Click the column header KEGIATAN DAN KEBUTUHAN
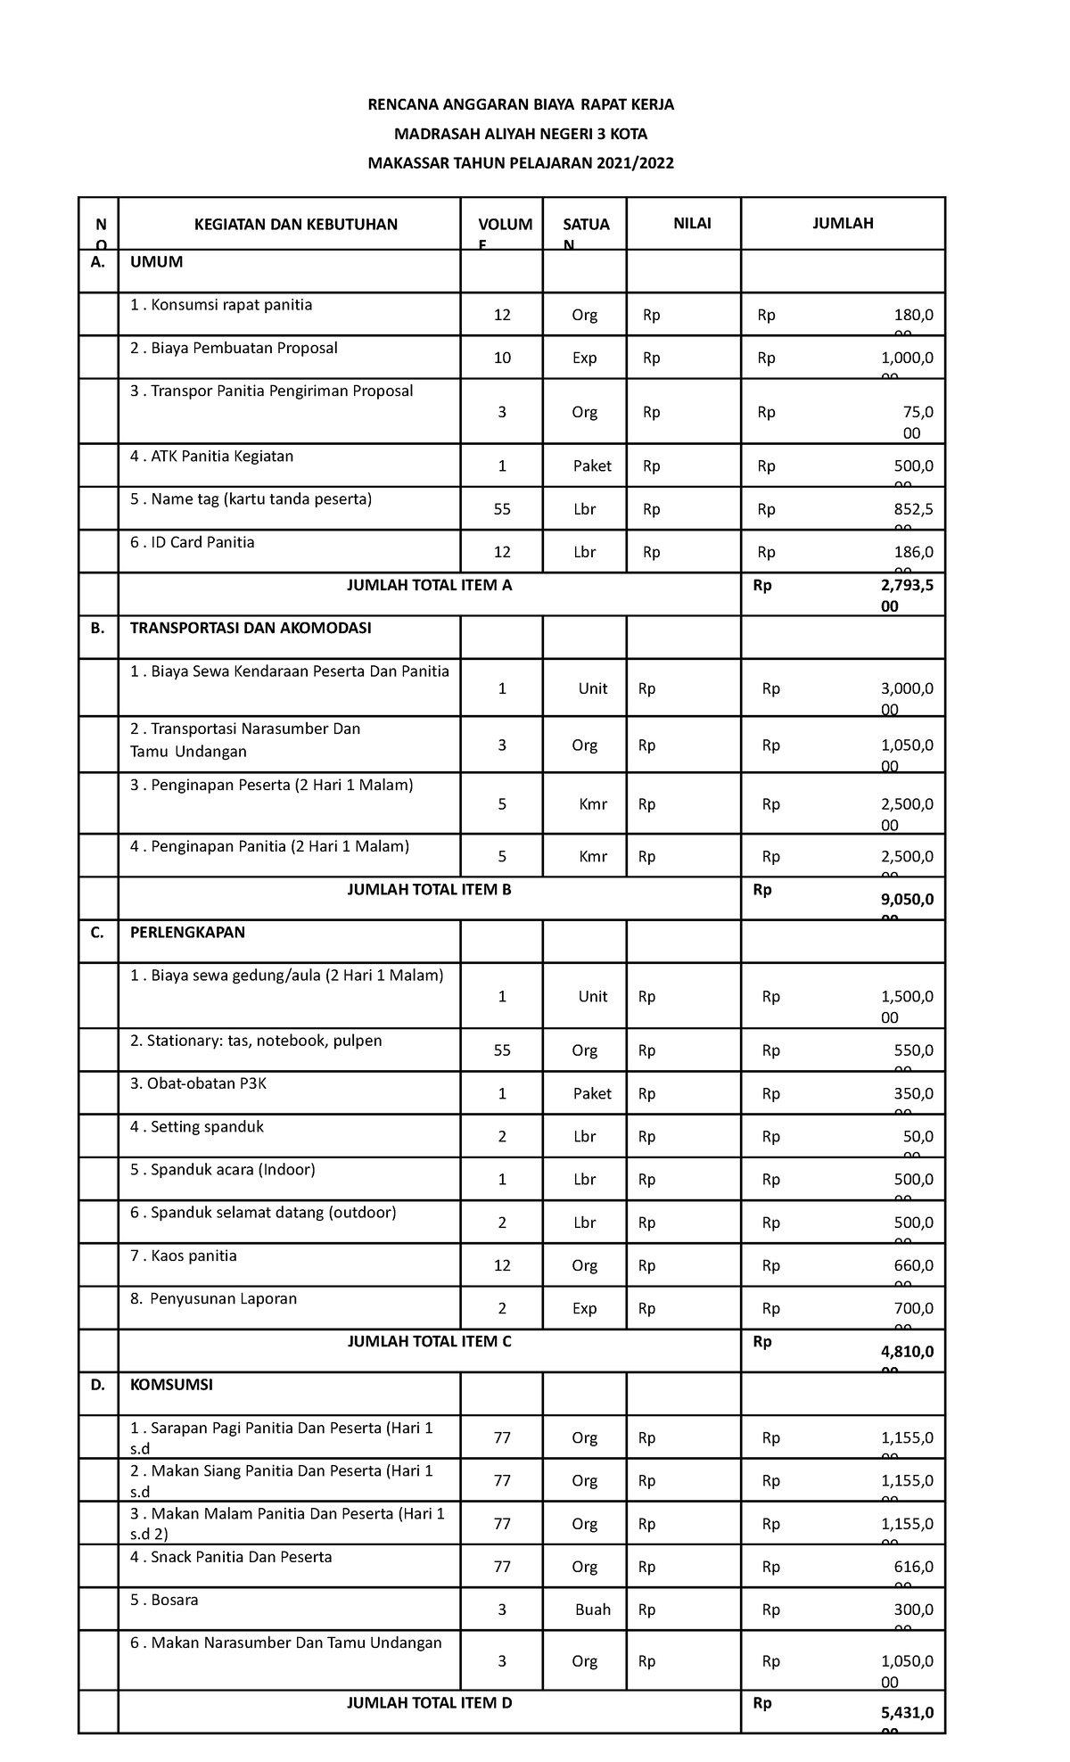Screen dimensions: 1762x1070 [296, 224]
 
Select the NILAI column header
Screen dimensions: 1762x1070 [692, 223]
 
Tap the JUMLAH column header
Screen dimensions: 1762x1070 [843, 223]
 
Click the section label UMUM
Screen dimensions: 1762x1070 [156, 262]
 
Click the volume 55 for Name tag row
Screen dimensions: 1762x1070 [502, 509]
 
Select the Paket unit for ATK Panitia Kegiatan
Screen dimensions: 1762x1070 [592, 465]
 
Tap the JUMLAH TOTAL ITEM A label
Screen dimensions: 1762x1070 [430, 586]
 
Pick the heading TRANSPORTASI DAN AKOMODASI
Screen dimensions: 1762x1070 [251, 628]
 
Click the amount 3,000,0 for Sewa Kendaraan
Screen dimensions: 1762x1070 [907, 688]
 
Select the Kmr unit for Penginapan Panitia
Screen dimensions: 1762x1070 [593, 856]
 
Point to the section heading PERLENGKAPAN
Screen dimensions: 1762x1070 [187, 932]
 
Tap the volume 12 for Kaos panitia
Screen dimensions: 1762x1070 [502, 1265]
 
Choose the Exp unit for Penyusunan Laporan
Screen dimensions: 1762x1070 [585, 1308]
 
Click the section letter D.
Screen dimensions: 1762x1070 [97, 1385]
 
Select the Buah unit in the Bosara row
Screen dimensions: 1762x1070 [593, 1610]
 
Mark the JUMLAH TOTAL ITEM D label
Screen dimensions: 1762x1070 [430, 1702]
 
